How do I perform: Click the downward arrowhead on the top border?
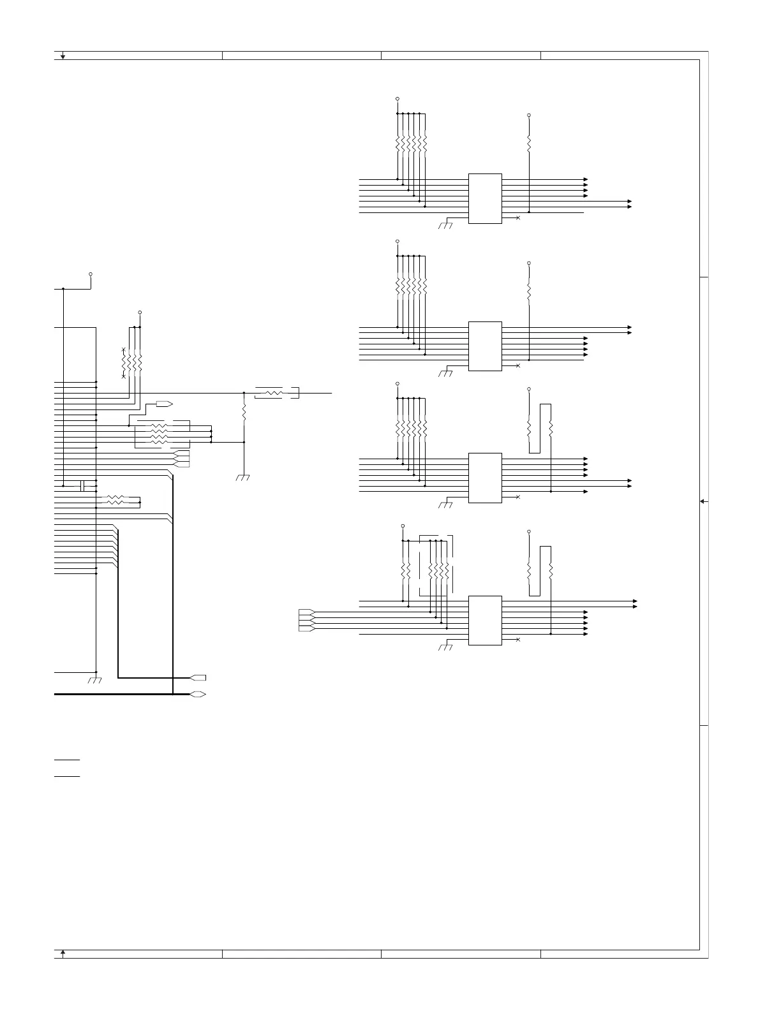[x=63, y=56]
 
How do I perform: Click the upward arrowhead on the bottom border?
[x=63, y=953]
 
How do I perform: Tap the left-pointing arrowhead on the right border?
[x=703, y=501]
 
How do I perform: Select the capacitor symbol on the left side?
[x=83, y=486]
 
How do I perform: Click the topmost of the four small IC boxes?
[x=485, y=198]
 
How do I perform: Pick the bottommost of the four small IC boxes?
[x=485, y=621]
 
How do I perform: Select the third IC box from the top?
[x=485, y=478]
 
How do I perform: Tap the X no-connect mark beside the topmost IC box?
[x=517, y=218]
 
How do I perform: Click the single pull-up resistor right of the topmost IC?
[x=529, y=143]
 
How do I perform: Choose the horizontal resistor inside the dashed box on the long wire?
[x=275, y=394]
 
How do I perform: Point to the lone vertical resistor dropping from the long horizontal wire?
[x=244, y=413]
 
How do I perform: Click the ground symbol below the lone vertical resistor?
[x=243, y=477]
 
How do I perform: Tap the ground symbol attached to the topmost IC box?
[x=445, y=225]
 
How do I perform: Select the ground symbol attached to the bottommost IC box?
[x=445, y=647]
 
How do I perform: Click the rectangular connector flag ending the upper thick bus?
[x=198, y=677]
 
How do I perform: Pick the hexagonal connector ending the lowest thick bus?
[x=198, y=694]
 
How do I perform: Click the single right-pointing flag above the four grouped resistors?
[x=165, y=404]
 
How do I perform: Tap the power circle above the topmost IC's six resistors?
[x=398, y=99]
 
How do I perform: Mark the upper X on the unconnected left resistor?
[x=123, y=350]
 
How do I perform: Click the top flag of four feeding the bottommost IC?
[x=306, y=612]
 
